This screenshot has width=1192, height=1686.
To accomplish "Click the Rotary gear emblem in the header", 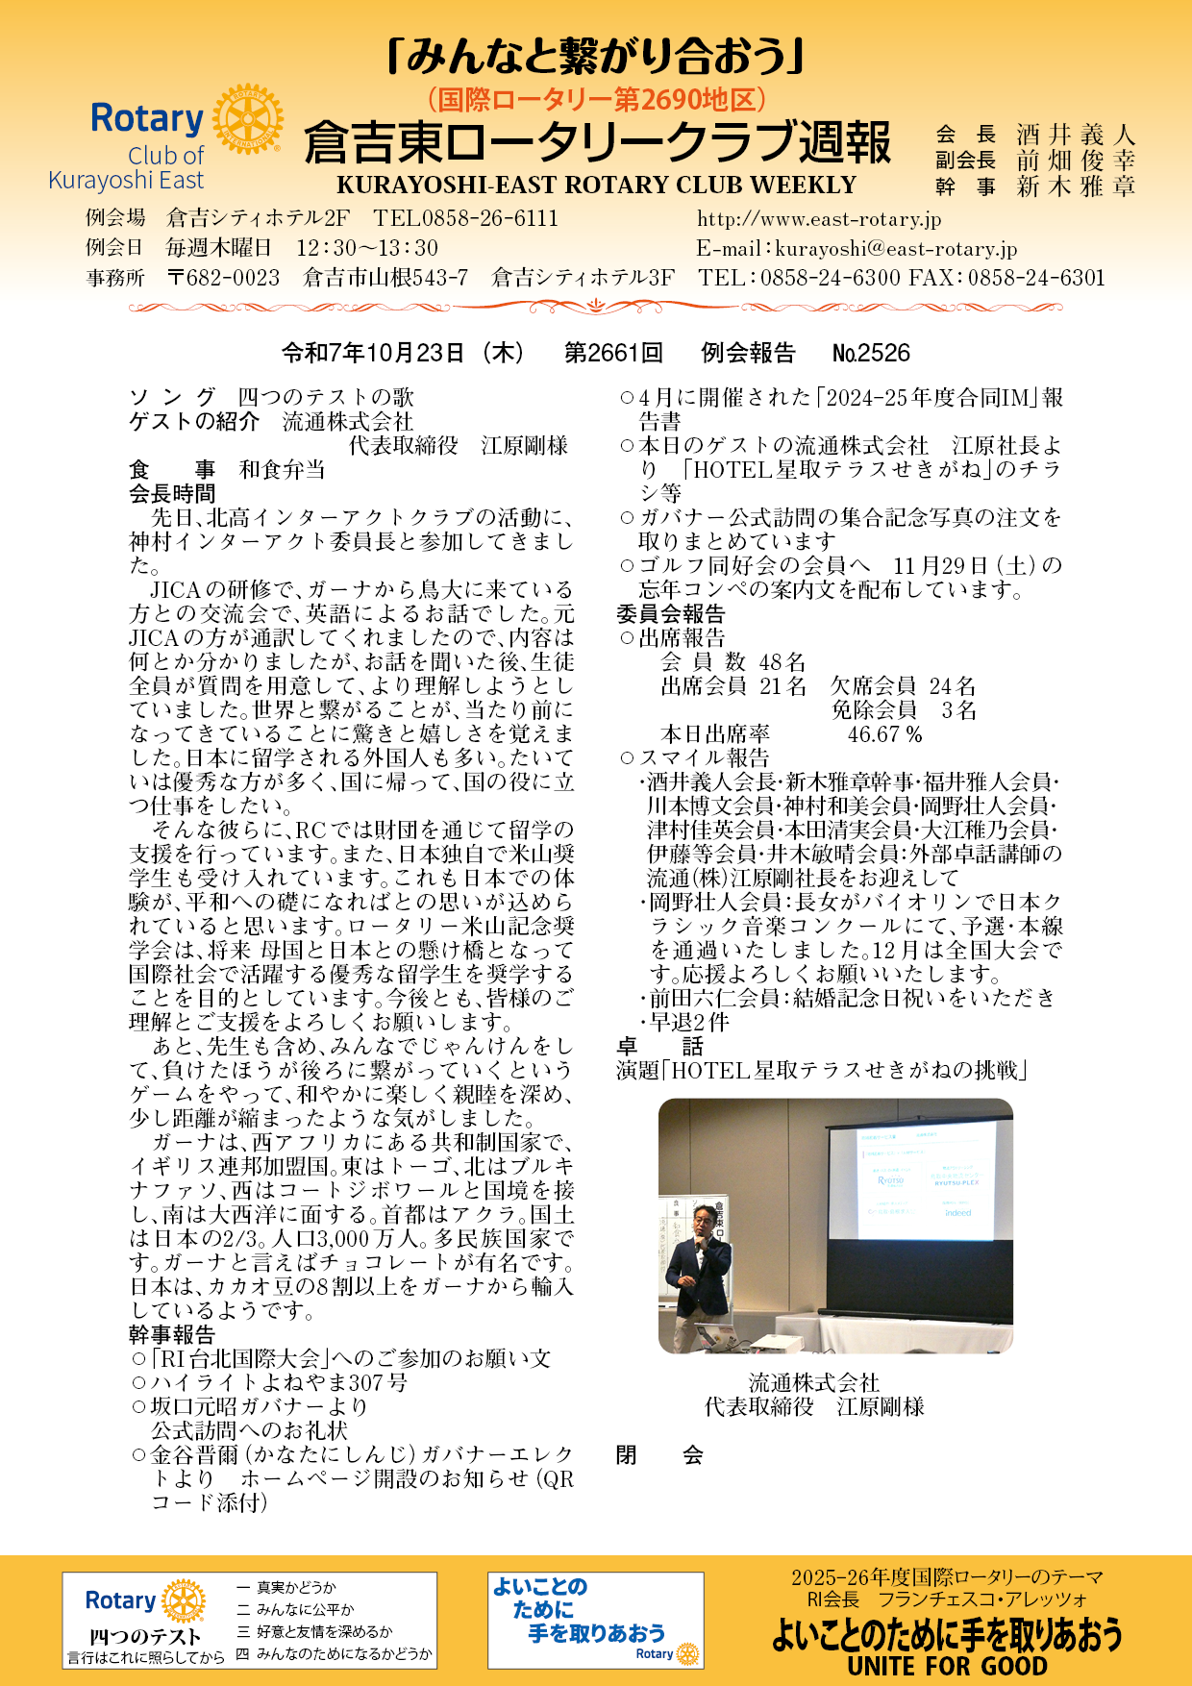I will [x=248, y=119].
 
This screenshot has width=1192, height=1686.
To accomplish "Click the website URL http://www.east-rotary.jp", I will [x=819, y=219].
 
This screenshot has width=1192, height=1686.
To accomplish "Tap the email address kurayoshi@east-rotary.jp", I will [x=895, y=249].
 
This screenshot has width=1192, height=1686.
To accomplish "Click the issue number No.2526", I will [x=871, y=353].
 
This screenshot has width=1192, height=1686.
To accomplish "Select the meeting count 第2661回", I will [x=613, y=353].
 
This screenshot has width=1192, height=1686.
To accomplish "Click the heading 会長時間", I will [x=173, y=494].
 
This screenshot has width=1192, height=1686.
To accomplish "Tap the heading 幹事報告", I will [x=173, y=1334].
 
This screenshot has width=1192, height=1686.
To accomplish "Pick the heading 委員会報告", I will [x=671, y=614].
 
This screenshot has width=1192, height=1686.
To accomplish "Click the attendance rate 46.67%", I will [x=884, y=734].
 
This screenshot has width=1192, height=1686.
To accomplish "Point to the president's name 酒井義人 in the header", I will [x=1076, y=135].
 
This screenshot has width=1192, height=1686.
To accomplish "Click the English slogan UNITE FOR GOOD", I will [x=947, y=1666].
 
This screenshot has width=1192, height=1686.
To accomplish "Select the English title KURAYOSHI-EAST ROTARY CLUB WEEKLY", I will [x=596, y=186].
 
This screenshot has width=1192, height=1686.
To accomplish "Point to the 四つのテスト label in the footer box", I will [x=145, y=1636].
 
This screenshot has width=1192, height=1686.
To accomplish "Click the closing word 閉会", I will [x=659, y=1455].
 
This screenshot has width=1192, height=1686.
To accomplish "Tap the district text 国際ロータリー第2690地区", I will [x=596, y=99].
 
